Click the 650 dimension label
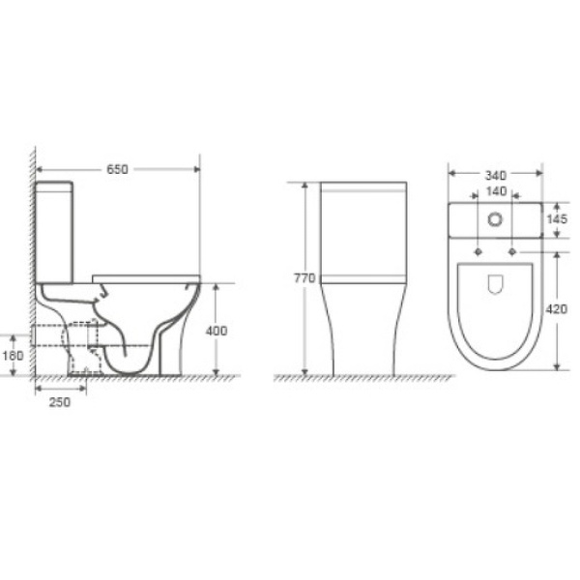[x=117, y=169]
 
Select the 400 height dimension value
[x=217, y=331]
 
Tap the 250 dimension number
[x=59, y=402]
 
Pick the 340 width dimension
[x=496, y=175]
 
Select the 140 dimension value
[x=496, y=192]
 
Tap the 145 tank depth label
[x=557, y=219]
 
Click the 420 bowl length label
[x=557, y=309]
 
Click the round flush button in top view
[x=496, y=219]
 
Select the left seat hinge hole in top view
[x=478, y=251]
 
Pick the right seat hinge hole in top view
[x=512, y=251]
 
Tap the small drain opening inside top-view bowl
[x=496, y=284]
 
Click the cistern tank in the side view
[x=55, y=230]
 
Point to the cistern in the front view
[x=363, y=230]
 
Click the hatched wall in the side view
[x=33, y=261]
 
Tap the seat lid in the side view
[x=145, y=278]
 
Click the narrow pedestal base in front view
[x=363, y=338]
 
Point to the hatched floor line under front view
[x=363, y=378]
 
